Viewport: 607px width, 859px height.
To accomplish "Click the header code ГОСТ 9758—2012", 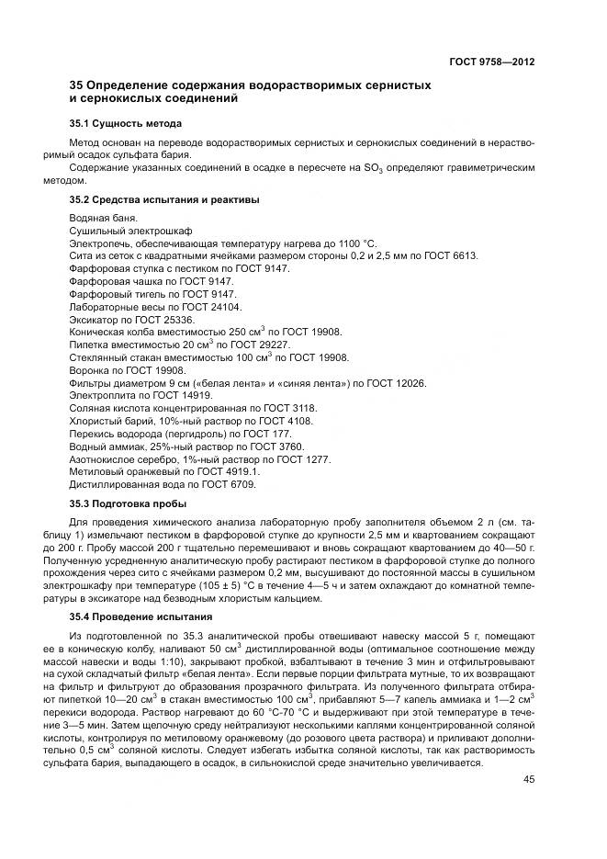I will pyautogui.click(x=491, y=62).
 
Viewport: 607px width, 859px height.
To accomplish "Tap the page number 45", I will pyautogui.click(x=528, y=780).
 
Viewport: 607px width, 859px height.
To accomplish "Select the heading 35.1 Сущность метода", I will pyautogui.click(x=126, y=123).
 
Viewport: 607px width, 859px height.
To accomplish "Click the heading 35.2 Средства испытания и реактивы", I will pyautogui.click(x=164, y=198).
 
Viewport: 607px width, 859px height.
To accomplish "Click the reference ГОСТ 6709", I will pyautogui.click(x=227, y=484).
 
